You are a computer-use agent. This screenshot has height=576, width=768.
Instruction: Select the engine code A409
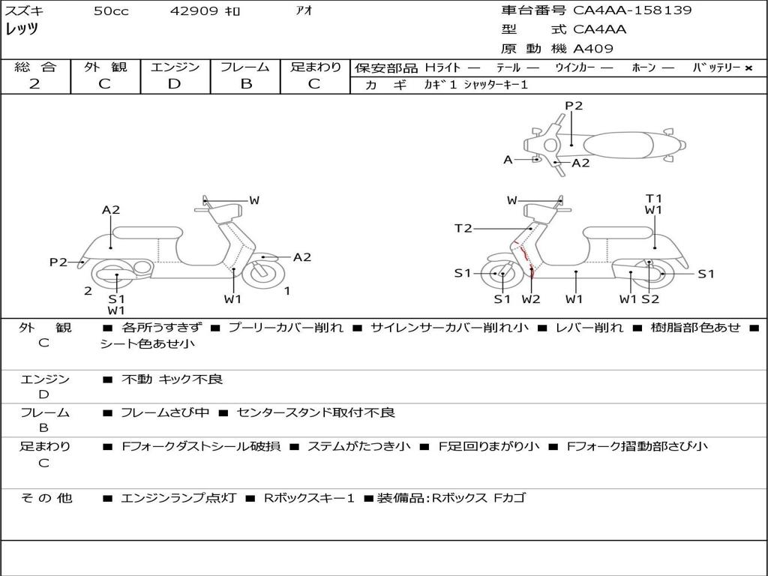pos(593,49)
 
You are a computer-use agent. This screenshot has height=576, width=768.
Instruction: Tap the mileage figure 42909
pos(194,11)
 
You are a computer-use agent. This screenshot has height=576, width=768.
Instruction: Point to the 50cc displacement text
pos(111,11)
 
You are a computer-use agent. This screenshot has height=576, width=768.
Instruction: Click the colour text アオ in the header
pos(304,11)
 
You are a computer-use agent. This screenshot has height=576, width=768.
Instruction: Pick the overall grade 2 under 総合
pos(34,84)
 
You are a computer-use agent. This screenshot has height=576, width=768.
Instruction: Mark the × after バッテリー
pos(748,68)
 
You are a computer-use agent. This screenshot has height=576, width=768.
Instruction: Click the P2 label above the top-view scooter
pos(574,106)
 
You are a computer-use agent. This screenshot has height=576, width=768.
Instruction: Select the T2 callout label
pos(463,228)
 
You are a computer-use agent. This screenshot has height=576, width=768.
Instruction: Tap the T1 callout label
pos(654,199)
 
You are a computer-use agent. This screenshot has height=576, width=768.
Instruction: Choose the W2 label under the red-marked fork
pos(531,299)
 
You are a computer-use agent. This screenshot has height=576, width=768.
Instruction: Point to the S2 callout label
pos(650,299)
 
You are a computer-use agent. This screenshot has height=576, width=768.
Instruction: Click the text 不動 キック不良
pos(172,379)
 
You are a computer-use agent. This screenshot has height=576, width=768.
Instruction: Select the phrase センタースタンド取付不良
pos(315,412)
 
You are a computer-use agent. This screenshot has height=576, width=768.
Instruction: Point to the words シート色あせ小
pos(147,343)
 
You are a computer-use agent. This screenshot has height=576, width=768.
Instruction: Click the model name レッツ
pos(22,29)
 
